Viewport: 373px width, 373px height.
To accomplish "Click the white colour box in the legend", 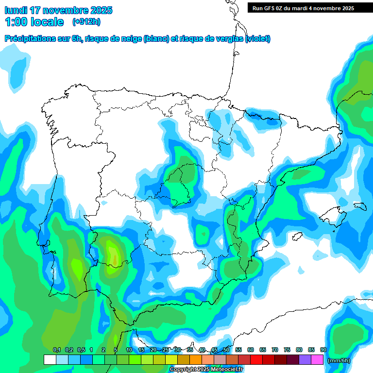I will (x=50, y=359).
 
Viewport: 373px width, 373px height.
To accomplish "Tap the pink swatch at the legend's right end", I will (x=317, y=359).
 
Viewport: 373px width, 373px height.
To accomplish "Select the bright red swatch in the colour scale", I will (x=256, y=359).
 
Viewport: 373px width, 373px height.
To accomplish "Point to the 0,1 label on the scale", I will (x=57, y=350).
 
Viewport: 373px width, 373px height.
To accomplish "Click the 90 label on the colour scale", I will (x=323, y=350).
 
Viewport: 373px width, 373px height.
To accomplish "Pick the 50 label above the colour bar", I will (x=226, y=350).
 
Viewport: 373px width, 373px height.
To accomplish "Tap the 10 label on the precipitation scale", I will (x=129, y=350).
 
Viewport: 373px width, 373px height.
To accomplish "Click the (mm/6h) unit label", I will (x=339, y=360).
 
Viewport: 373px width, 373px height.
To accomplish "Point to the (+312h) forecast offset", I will (x=86, y=22).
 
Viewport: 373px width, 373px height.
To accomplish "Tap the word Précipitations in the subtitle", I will (x=29, y=39).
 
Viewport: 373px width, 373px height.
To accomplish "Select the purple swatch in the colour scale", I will (x=305, y=359).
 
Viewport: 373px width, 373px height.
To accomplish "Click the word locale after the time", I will (x=47, y=22).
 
